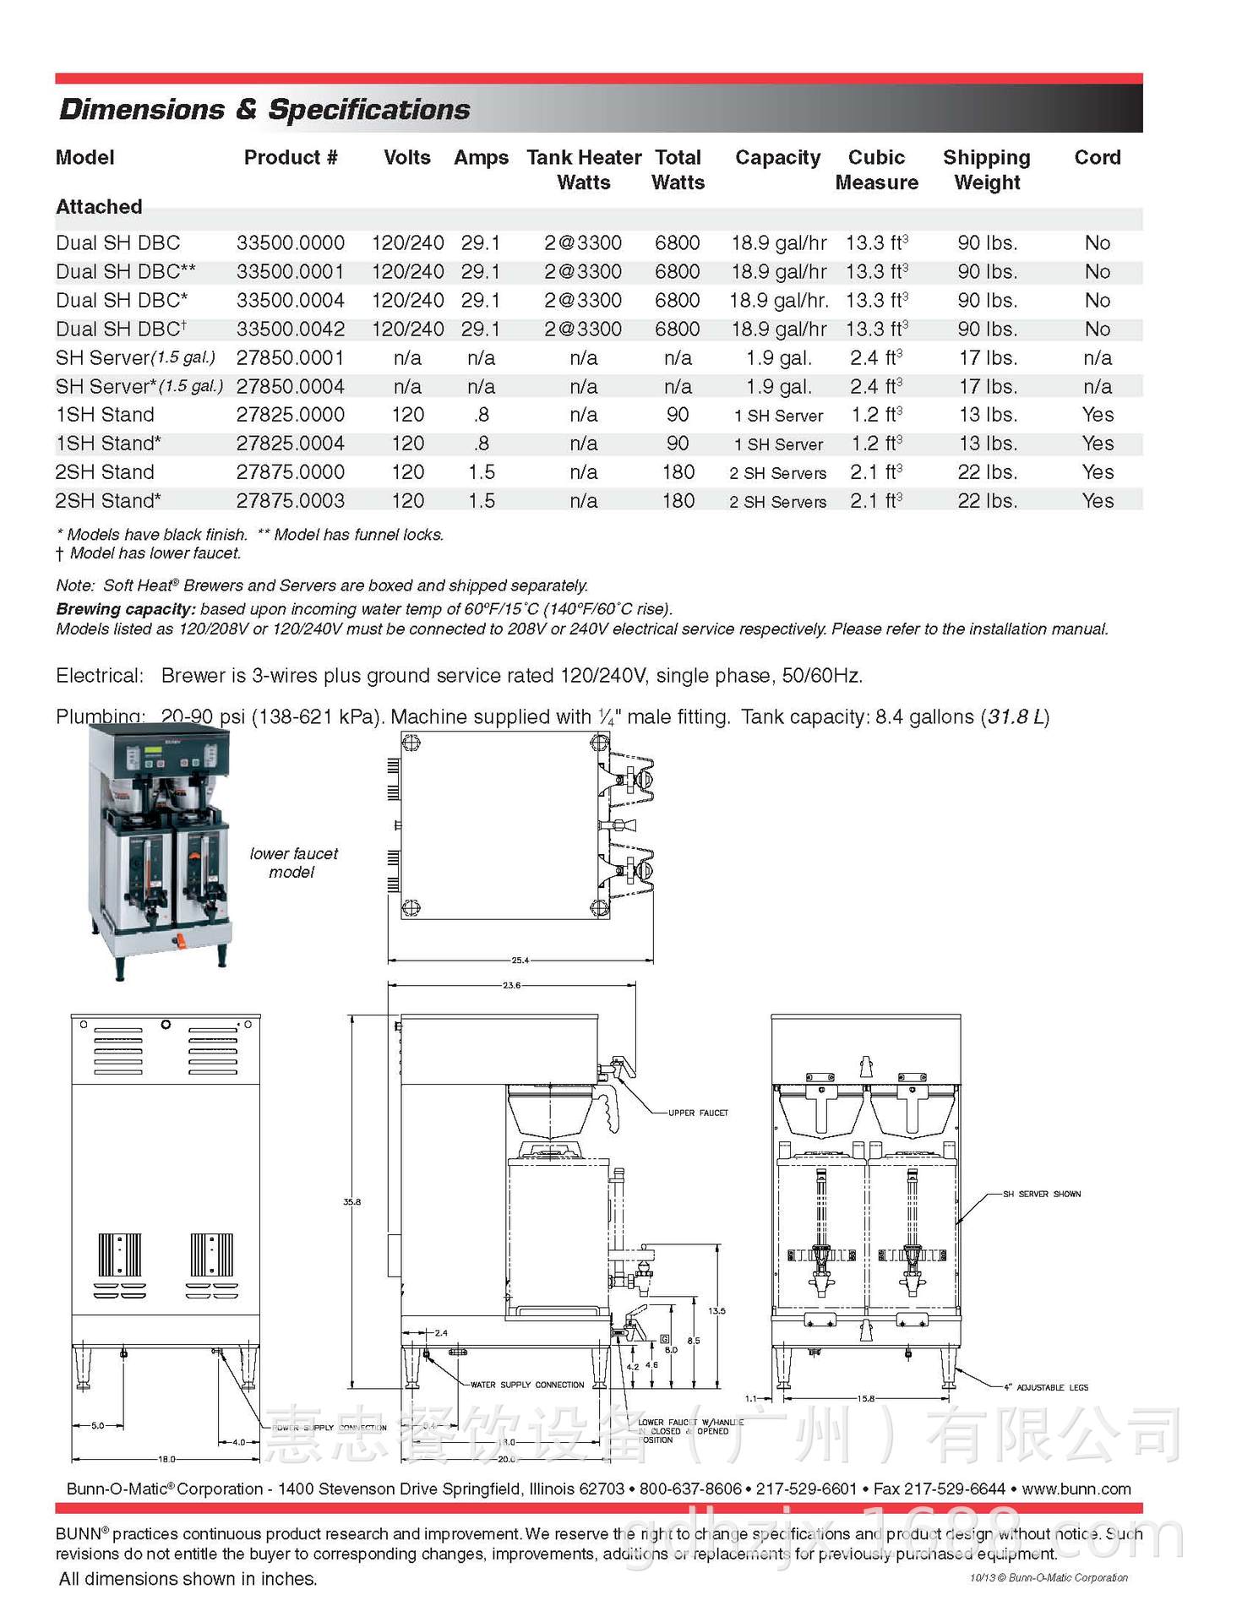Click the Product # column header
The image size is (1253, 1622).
[291, 158]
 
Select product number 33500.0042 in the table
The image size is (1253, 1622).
[291, 329]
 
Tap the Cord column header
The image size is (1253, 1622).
[1097, 158]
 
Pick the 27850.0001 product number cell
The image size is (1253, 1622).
[291, 358]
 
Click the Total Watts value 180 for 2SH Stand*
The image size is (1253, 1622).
[678, 501]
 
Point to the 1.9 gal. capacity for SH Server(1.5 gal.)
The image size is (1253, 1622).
[778, 358]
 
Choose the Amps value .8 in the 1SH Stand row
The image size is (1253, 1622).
[481, 415]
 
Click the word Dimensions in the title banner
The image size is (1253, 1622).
[142, 110]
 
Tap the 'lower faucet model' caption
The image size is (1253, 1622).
[293, 863]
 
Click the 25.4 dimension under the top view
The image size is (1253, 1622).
[520, 961]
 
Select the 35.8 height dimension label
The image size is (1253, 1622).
[351, 1202]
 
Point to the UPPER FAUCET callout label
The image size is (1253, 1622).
[698, 1113]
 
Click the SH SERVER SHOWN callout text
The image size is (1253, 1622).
[1041, 1195]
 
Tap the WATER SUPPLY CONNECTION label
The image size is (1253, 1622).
[527, 1385]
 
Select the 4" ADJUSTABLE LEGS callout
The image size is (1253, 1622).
[1046, 1388]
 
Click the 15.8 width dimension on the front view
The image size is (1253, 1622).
[866, 1399]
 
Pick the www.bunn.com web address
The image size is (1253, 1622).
[1076, 1489]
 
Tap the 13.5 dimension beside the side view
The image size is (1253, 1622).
[716, 1311]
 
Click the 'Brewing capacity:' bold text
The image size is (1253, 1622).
[126, 609]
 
